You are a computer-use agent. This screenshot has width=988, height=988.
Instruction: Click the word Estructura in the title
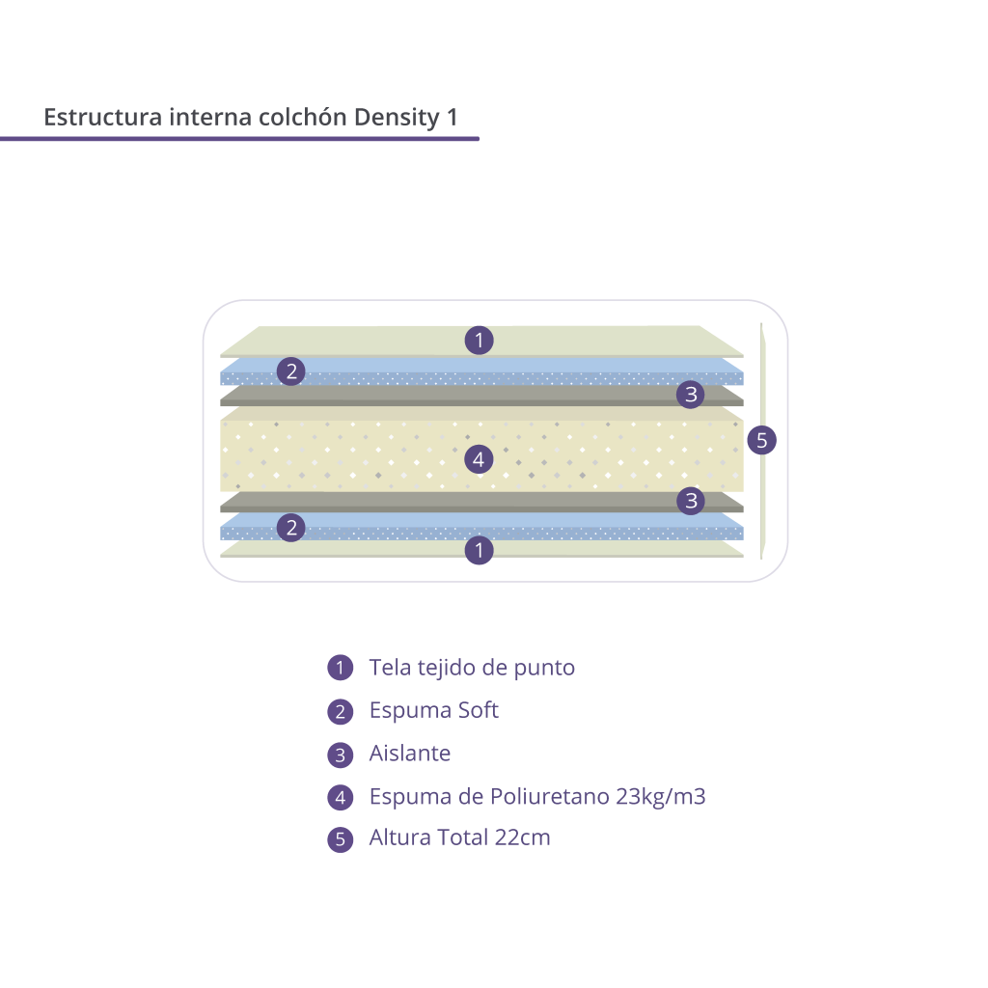point(103,117)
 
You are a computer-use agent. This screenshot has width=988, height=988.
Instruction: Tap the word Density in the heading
point(397,118)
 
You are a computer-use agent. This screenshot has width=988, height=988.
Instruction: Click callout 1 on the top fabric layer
point(479,341)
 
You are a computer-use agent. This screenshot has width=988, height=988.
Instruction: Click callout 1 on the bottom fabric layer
point(479,550)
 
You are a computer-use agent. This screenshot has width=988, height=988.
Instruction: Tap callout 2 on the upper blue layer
point(291,371)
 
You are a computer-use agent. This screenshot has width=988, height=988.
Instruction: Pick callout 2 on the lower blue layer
point(291,528)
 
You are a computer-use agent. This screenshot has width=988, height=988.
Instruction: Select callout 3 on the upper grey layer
point(691,395)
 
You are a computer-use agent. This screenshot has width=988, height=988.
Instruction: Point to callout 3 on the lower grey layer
point(691,501)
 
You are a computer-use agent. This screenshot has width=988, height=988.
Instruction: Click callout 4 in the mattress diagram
point(479,459)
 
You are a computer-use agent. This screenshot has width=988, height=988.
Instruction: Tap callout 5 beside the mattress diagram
point(762,440)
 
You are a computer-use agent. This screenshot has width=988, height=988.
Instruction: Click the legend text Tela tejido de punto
point(472,668)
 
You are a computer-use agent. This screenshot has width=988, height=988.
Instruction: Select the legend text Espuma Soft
point(434,711)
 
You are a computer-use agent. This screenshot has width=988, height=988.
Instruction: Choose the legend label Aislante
point(410,753)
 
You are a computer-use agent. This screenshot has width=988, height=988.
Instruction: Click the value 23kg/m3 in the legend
point(661,796)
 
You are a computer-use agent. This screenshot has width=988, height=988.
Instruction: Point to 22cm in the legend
point(522,837)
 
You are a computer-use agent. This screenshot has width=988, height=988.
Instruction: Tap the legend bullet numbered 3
point(341,755)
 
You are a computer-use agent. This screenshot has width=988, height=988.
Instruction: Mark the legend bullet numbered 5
point(341,839)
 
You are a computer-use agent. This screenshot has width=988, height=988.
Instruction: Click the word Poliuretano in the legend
point(549,796)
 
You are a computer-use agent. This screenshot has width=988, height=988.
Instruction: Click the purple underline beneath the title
point(239,139)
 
